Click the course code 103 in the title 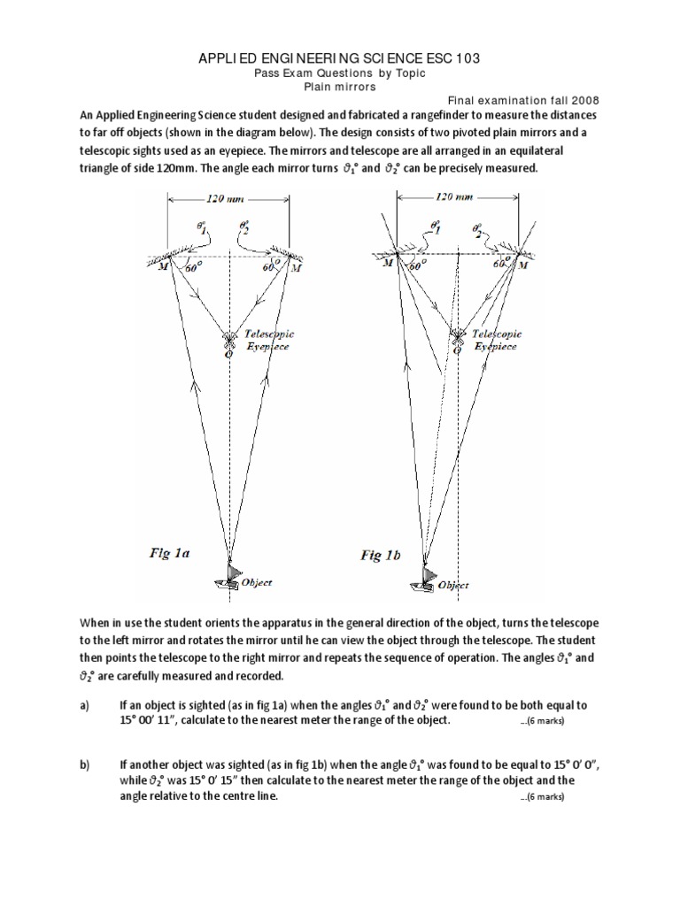(x=467, y=58)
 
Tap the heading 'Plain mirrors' (x=340, y=87)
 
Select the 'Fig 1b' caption (x=381, y=556)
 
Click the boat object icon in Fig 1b (x=425, y=579)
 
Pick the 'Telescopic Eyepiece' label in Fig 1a (x=269, y=341)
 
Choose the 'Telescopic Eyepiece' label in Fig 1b (x=496, y=341)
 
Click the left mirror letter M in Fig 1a (x=163, y=267)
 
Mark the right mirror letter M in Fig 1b (x=523, y=265)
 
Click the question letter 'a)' (x=84, y=705)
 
